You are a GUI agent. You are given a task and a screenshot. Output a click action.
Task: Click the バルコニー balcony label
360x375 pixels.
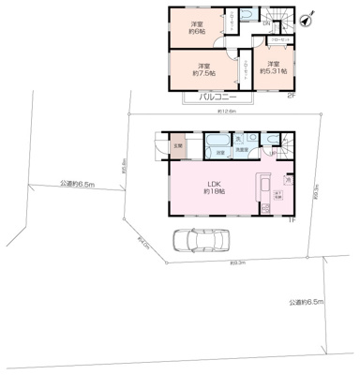coord(216,97)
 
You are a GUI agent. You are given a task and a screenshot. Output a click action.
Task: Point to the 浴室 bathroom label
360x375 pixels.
coord(221,151)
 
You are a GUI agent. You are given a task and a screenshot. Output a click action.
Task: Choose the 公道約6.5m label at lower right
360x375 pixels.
coord(307,302)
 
